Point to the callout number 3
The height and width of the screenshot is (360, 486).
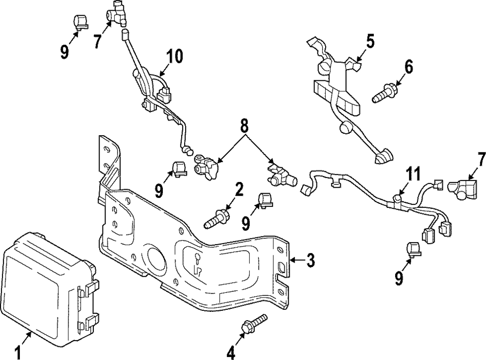coord(310,260)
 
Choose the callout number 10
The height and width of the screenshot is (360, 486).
coord(174,56)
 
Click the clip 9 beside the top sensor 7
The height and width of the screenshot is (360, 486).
coord(80,21)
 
